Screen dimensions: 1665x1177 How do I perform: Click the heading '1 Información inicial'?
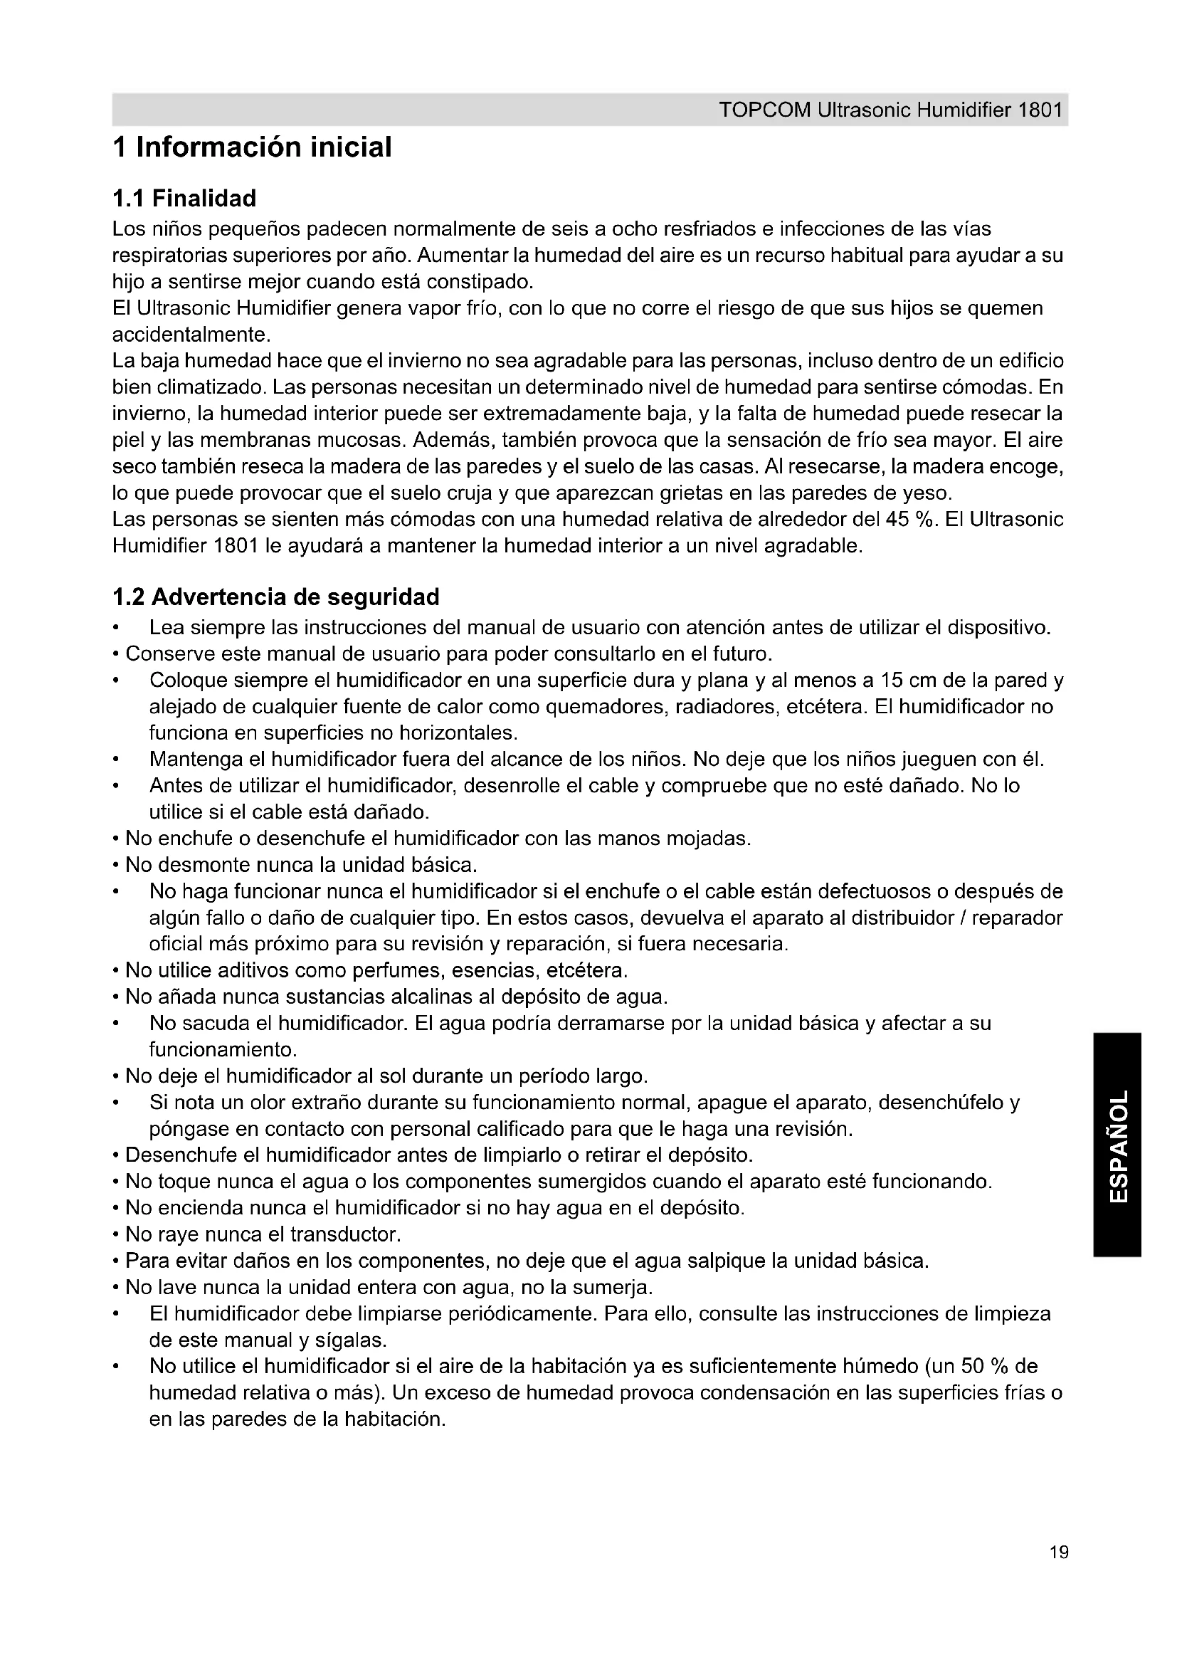click(252, 147)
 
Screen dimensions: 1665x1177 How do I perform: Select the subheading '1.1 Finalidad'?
click(184, 198)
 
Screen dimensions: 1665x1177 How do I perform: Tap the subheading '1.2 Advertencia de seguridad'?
click(276, 597)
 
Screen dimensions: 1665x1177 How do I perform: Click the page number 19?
click(1058, 1572)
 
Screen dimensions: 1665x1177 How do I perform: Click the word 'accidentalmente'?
click(191, 335)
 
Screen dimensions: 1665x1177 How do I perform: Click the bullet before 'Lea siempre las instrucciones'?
click(116, 628)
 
